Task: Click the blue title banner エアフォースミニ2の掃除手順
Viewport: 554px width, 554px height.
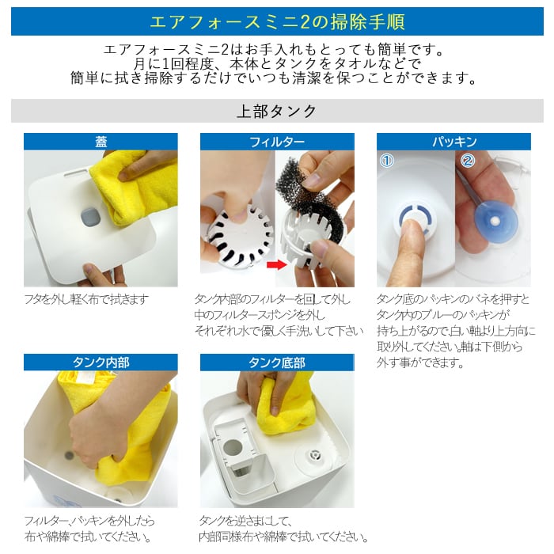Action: (277, 20)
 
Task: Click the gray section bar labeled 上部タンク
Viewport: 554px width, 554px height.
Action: (277, 111)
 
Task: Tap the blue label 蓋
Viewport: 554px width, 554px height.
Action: (101, 142)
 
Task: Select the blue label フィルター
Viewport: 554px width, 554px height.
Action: (276, 142)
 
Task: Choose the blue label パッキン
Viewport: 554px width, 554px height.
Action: (453, 142)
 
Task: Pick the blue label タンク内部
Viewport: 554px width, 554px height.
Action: (101, 362)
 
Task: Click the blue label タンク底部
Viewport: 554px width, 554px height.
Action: (276, 362)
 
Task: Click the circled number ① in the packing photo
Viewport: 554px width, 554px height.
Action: (387, 161)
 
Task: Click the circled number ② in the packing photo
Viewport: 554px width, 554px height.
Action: (468, 161)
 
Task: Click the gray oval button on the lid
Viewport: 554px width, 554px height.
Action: (89, 214)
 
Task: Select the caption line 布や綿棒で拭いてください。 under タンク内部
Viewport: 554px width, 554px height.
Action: (88, 537)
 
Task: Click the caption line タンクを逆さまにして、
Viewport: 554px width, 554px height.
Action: (246, 521)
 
